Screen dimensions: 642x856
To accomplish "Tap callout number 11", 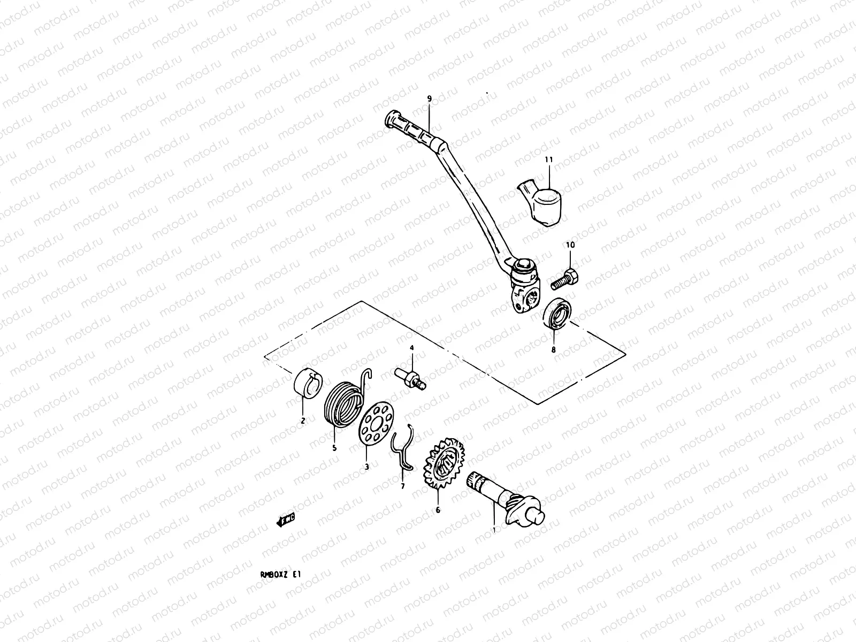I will point(548,159).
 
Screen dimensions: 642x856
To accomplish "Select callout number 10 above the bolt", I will point(570,244).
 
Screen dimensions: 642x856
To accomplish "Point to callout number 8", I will point(554,350).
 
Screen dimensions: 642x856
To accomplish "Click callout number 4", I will point(412,348).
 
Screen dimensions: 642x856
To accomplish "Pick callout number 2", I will point(302,421).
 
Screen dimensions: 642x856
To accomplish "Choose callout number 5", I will point(334,448).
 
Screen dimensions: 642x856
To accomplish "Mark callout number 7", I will point(403,486).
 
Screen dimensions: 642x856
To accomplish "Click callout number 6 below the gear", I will point(438,510).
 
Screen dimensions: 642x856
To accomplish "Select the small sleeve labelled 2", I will point(307,384).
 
